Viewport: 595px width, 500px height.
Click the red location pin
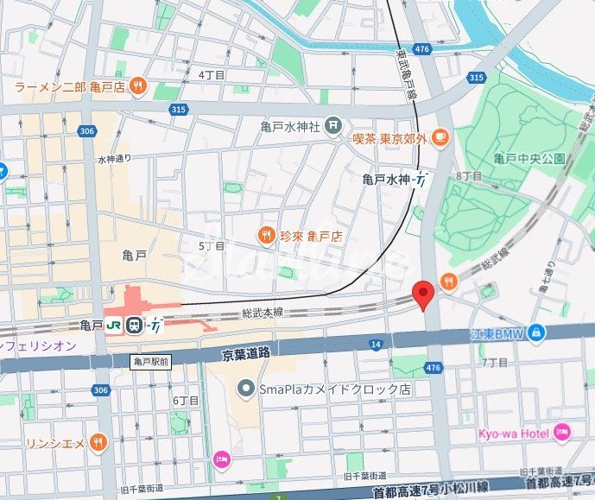(x=422, y=294)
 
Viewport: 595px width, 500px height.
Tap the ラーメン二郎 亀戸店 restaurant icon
(x=138, y=86)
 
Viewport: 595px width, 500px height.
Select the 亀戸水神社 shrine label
(x=290, y=126)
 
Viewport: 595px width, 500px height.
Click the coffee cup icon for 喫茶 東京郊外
(x=440, y=136)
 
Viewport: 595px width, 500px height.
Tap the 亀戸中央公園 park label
(x=529, y=158)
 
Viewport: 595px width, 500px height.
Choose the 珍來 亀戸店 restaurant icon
(x=267, y=234)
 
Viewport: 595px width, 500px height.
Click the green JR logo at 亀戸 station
(x=113, y=326)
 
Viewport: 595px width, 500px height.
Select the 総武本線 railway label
(x=263, y=313)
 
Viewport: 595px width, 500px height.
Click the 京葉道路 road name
(x=246, y=353)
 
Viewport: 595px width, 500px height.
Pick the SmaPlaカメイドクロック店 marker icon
(x=247, y=389)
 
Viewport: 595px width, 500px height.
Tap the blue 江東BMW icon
(x=536, y=331)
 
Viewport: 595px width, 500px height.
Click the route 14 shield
(x=376, y=345)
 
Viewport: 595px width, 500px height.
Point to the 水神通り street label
(x=114, y=159)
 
